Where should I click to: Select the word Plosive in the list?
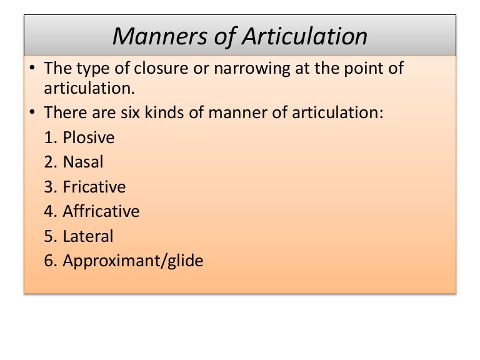click(x=89, y=137)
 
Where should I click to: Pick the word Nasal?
click(x=83, y=162)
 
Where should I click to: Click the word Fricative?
click(x=94, y=187)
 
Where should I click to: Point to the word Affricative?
click(x=101, y=211)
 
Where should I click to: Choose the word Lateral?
click(x=88, y=236)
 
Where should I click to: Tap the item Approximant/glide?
click(x=133, y=261)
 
